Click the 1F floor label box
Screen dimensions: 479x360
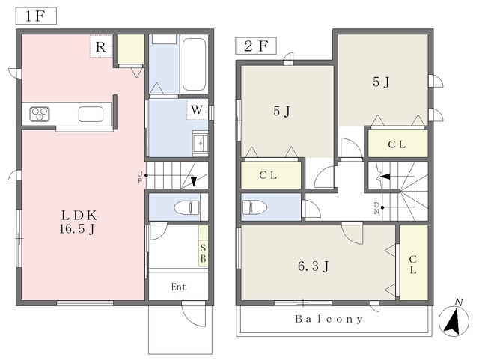click(x=36, y=16)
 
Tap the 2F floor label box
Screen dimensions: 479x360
click(x=256, y=46)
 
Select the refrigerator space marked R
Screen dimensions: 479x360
click(x=101, y=46)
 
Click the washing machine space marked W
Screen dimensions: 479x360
click(x=197, y=109)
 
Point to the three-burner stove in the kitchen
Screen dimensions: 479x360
click(x=40, y=115)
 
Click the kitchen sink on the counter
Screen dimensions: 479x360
click(x=91, y=114)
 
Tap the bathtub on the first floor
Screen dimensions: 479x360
click(x=194, y=64)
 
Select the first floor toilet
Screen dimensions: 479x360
click(x=186, y=207)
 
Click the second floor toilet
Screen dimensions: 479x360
click(x=254, y=207)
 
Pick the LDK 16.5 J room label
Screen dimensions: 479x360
click(x=79, y=222)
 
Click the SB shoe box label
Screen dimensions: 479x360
click(x=203, y=253)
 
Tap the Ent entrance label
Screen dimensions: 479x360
click(x=178, y=287)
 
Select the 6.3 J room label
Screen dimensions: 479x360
click(x=314, y=266)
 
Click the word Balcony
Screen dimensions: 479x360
click(x=329, y=320)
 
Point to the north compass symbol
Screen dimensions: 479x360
click(x=454, y=320)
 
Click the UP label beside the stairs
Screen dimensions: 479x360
click(x=140, y=177)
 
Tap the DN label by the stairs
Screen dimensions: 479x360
click(x=376, y=208)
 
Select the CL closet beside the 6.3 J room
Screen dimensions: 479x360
click(x=413, y=263)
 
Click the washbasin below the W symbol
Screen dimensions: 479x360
click(x=200, y=143)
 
